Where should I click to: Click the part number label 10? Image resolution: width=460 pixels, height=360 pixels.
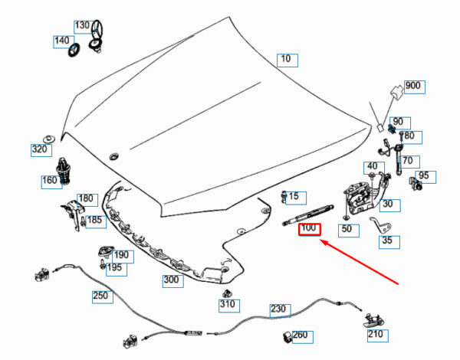click(x=285, y=59)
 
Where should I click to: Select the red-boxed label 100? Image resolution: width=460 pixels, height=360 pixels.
click(x=309, y=228)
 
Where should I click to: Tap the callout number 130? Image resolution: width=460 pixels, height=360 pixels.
click(x=82, y=25)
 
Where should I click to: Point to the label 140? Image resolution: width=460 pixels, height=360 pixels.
click(x=61, y=41)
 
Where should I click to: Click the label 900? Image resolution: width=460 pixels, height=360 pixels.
click(x=412, y=85)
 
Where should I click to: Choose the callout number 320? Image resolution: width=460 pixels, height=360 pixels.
click(x=40, y=150)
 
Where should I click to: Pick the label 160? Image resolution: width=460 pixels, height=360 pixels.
click(x=50, y=182)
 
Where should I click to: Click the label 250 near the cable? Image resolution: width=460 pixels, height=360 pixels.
click(x=100, y=295)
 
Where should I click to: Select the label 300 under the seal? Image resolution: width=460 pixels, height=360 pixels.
click(x=171, y=280)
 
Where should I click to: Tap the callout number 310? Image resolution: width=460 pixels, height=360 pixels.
click(x=228, y=305)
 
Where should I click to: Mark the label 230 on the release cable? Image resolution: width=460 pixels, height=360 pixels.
click(x=279, y=309)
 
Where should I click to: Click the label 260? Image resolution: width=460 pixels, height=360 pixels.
click(x=300, y=335)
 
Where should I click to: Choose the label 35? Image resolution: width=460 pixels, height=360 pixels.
click(x=388, y=241)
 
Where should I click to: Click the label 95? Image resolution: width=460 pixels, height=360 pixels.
click(x=427, y=177)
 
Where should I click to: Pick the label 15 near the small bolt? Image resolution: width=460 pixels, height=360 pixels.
click(x=293, y=196)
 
